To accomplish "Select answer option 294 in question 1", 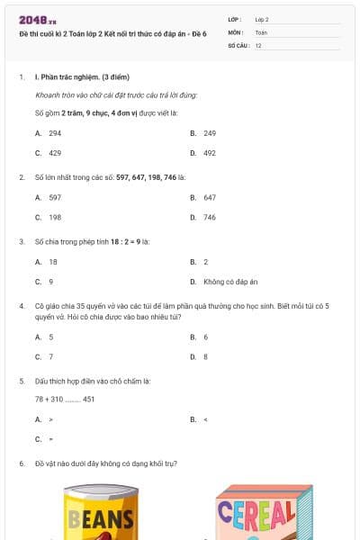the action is (x=54, y=132).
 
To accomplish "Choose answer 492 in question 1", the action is (x=209, y=153).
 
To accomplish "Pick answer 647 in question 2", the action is (x=209, y=196).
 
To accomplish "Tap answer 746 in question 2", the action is (x=209, y=217).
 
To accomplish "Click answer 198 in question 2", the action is (x=54, y=217).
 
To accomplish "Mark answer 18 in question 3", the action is (x=51, y=261).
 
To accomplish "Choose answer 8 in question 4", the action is (x=205, y=356).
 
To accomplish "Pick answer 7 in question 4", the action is (x=50, y=356).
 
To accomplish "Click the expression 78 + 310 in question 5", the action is (x=49, y=399).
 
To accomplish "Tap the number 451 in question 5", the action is (x=88, y=399).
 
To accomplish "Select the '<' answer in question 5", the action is (x=206, y=419).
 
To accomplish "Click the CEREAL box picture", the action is (x=256, y=515).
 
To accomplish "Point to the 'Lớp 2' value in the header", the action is (x=262, y=19).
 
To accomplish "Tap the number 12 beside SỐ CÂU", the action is (x=258, y=44).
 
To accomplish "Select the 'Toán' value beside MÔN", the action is (x=261, y=31).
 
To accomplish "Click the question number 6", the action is (x=21, y=463).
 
